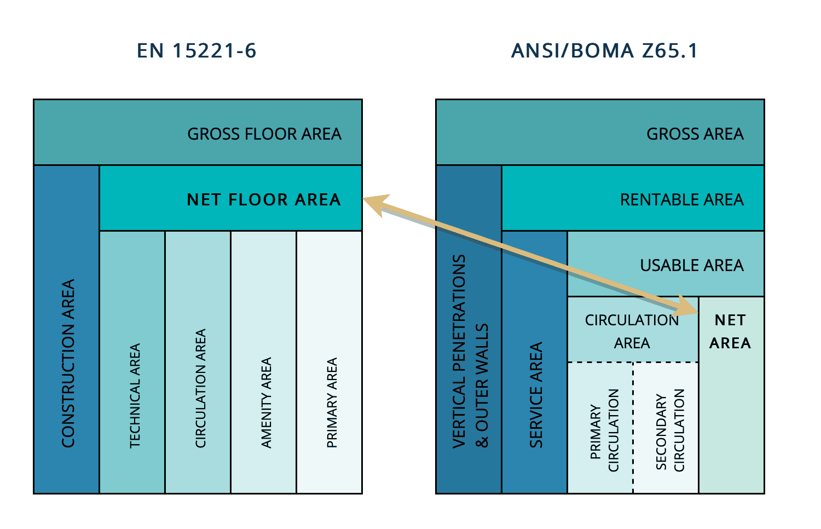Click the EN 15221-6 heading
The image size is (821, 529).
(196, 51)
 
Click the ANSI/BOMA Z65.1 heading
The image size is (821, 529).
(604, 51)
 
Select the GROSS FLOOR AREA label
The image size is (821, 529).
(264, 134)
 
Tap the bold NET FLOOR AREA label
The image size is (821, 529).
(264, 200)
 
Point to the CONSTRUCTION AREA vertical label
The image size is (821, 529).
(68, 364)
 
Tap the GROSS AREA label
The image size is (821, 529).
(695, 134)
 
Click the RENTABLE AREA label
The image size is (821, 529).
(681, 200)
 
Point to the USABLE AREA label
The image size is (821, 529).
(691, 266)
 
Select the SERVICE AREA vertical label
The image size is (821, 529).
(536, 395)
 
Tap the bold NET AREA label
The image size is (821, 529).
(730, 331)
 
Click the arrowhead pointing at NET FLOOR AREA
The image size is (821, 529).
(375, 204)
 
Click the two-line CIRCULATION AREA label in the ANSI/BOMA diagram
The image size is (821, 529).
(632, 331)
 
